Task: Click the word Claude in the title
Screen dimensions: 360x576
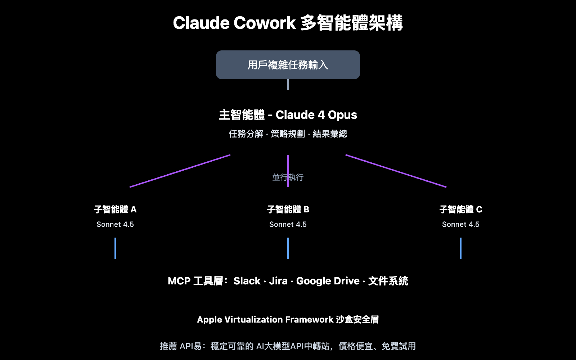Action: (x=201, y=23)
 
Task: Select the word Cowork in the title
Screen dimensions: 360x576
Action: (x=265, y=23)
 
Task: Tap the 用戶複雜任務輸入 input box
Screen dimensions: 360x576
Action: (x=288, y=65)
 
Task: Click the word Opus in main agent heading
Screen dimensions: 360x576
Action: (x=342, y=115)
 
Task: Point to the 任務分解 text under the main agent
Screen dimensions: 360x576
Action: (x=246, y=134)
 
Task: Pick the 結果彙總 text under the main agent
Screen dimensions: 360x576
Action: (x=330, y=134)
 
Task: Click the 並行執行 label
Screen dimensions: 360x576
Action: (x=288, y=177)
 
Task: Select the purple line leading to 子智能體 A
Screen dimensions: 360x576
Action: (x=180, y=171)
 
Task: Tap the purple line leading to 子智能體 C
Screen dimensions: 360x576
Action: (x=396, y=171)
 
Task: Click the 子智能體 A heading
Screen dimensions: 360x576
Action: (x=115, y=210)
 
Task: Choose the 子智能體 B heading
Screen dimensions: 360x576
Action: (x=288, y=210)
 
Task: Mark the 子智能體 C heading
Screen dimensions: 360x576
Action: (x=461, y=210)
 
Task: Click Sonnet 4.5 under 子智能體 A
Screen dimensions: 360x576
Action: (x=115, y=224)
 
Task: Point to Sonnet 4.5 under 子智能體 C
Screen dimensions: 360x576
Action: (x=461, y=224)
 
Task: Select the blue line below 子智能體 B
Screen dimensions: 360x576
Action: (x=288, y=248)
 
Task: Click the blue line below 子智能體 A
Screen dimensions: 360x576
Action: (x=115, y=248)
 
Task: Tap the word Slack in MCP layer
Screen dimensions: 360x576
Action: (x=247, y=281)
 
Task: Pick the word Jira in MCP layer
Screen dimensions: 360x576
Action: (x=278, y=281)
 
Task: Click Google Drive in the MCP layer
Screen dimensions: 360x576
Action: (x=328, y=281)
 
